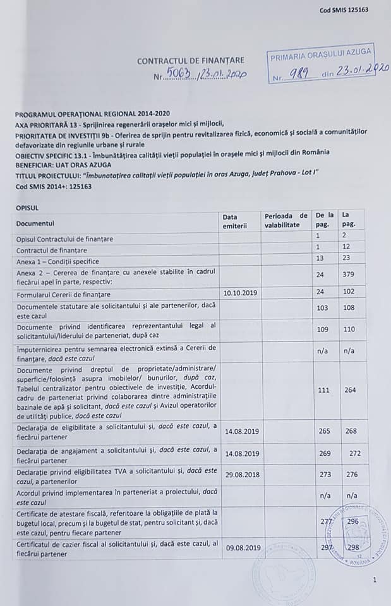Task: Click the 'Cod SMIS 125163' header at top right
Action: coord(344,9)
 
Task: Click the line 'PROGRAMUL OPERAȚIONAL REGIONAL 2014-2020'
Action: coord(92,113)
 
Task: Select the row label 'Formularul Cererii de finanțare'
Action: coord(64,294)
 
